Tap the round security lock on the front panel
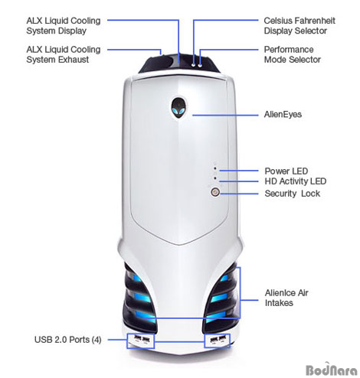tap(215, 192)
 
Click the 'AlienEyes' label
tap(283, 115)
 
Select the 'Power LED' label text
tap(286, 171)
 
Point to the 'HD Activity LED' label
tap(296, 181)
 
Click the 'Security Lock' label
tap(292, 194)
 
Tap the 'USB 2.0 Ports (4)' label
tap(68, 340)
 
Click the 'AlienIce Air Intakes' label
tap(286, 298)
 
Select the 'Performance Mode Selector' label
tap(293, 54)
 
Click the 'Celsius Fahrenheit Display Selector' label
tap(299, 26)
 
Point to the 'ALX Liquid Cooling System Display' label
tap(64, 26)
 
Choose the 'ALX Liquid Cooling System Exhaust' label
tap(64, 54)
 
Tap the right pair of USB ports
tap(218, 340)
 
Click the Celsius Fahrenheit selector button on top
tap(194, 65)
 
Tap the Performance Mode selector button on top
tap(200, 66)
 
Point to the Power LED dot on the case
tap(215, 168)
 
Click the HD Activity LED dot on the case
tap(215, 178)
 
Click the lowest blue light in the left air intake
tap(145, 316)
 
